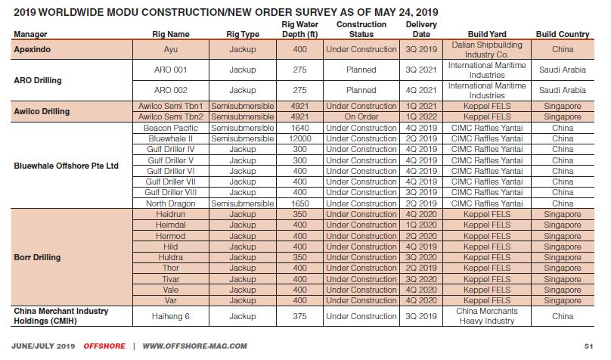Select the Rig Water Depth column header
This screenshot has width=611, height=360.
tap(299, 29)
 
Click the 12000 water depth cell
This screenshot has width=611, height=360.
tap(299, 139)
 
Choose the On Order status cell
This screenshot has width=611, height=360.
tap(361, 117)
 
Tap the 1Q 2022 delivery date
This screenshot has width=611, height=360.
tap(421, 117)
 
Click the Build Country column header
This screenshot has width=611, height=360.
tap(563, 34)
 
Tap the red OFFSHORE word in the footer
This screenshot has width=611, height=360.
tap(104, 346)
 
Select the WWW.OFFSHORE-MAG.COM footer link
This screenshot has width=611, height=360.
tap(194, 346)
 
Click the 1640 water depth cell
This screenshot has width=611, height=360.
tap(299, 128)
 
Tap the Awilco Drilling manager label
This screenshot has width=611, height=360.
tap(41, 111)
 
